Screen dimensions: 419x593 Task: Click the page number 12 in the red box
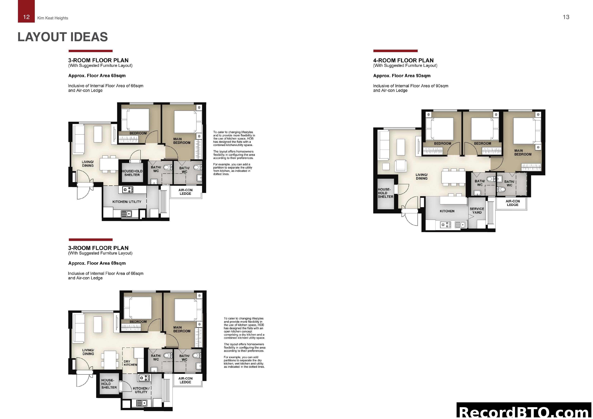tap(26, 17)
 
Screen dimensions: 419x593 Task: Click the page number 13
tap(566, 17)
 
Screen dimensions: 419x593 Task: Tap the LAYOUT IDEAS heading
tap(63, 37)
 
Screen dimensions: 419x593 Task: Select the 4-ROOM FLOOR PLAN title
tap(403, 60)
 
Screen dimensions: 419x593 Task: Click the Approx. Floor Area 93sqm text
tap(402, 76)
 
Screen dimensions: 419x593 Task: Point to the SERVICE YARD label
tap(477, 211)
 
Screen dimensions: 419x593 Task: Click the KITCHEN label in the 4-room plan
tap(447, 211)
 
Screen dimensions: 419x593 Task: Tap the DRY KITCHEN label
tap(130, 363)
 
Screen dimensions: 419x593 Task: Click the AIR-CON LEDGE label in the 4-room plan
tap(512, 203)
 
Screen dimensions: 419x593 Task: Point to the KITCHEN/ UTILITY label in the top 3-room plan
tap(127, 202)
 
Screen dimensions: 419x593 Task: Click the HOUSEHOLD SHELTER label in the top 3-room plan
tap(132, 173)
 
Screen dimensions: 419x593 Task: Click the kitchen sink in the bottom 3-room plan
tap(141, 403)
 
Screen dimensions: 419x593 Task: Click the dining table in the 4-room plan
tap(453, 177)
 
